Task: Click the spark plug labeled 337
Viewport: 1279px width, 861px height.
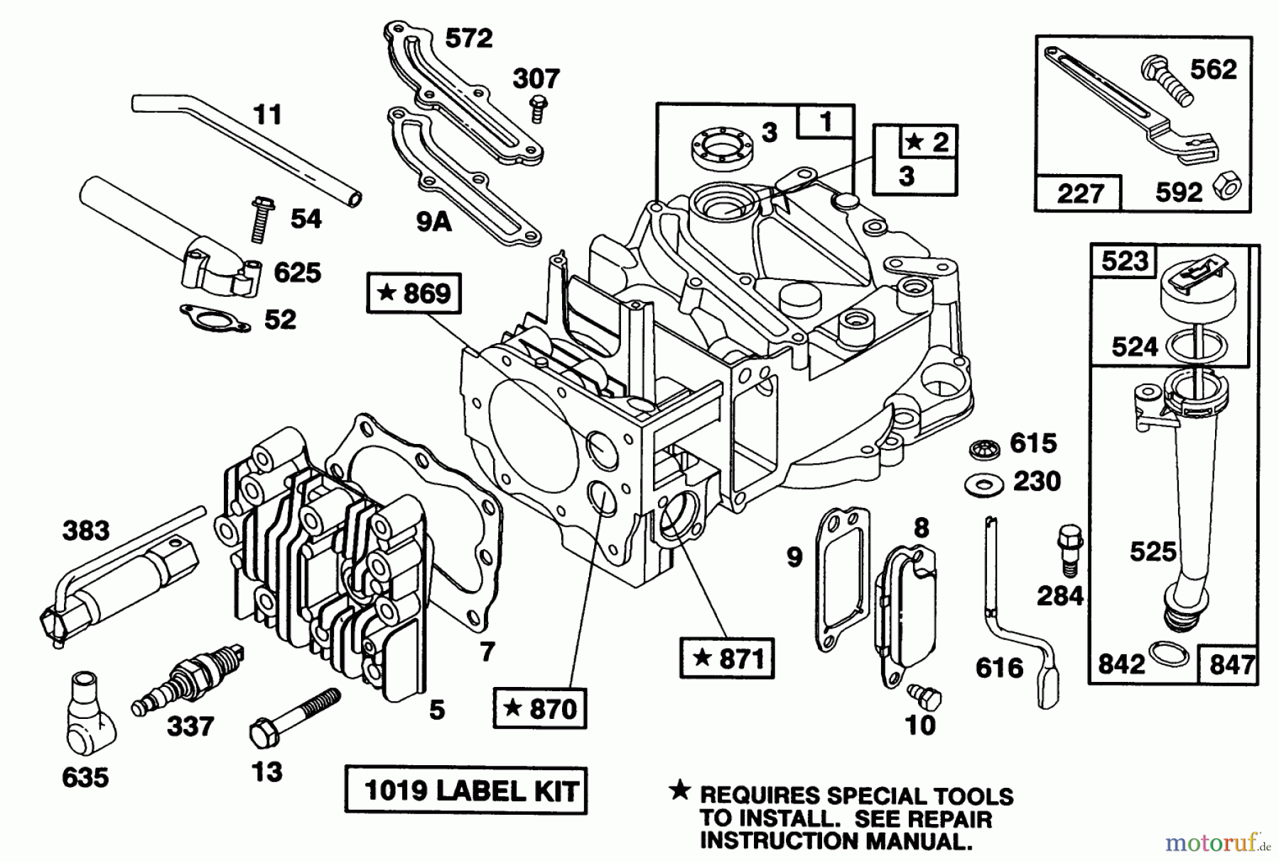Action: (188, 681)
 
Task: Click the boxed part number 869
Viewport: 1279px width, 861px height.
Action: (414, 293)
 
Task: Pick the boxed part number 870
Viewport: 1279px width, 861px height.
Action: (540, 708)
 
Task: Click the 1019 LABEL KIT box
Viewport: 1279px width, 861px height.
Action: (466, 790)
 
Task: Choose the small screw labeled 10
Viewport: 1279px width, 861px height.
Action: (924, 697)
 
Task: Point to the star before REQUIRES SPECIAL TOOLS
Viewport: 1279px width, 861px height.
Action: (680, 790)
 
